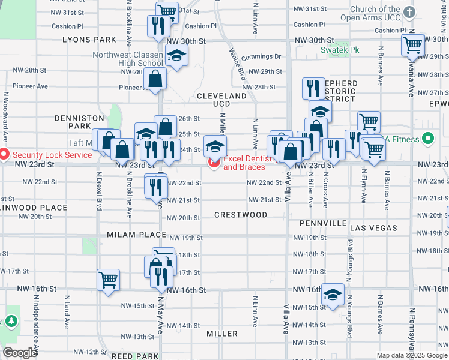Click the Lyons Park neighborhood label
click(x=89, y=40)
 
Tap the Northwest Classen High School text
click(x=128, y=59)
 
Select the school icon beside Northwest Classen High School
click(x=176, y=56)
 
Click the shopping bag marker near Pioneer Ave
click(x=155, y=79)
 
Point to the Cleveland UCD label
click(x=221, y=100)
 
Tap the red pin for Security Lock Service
click(x=4, y=154)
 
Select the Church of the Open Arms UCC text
click(x=366, y=14)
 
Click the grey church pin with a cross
click(x=409, y=13)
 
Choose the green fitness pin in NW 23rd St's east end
click(x=427, y=140)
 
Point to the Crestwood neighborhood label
click(x=241, y=215)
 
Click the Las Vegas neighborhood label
click(x=373, y=228)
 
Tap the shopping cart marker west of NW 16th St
click(x=108, y=279)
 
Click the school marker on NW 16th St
click(x=333, y=294)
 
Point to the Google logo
click(x=20, y=353)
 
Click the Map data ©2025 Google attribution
click(x=411, y=355)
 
